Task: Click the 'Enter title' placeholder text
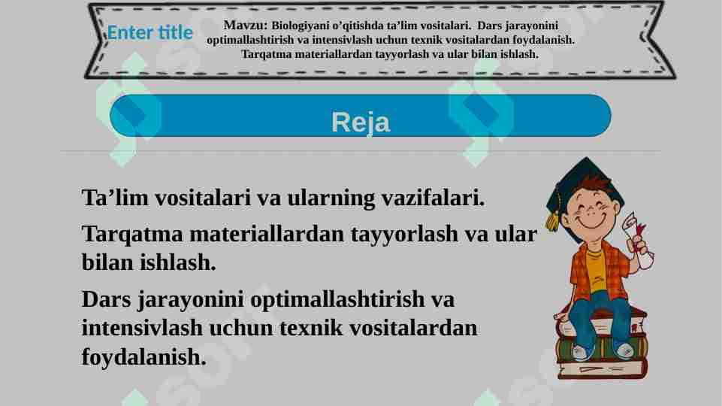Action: [150, 33]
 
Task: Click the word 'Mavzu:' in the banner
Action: [246, 24]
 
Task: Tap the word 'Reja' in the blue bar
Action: [361, 122]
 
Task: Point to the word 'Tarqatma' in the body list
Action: [132, 234]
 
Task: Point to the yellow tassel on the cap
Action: [554, 219]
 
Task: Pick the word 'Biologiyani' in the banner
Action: [299, 25]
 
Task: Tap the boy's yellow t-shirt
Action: [596, 271]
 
